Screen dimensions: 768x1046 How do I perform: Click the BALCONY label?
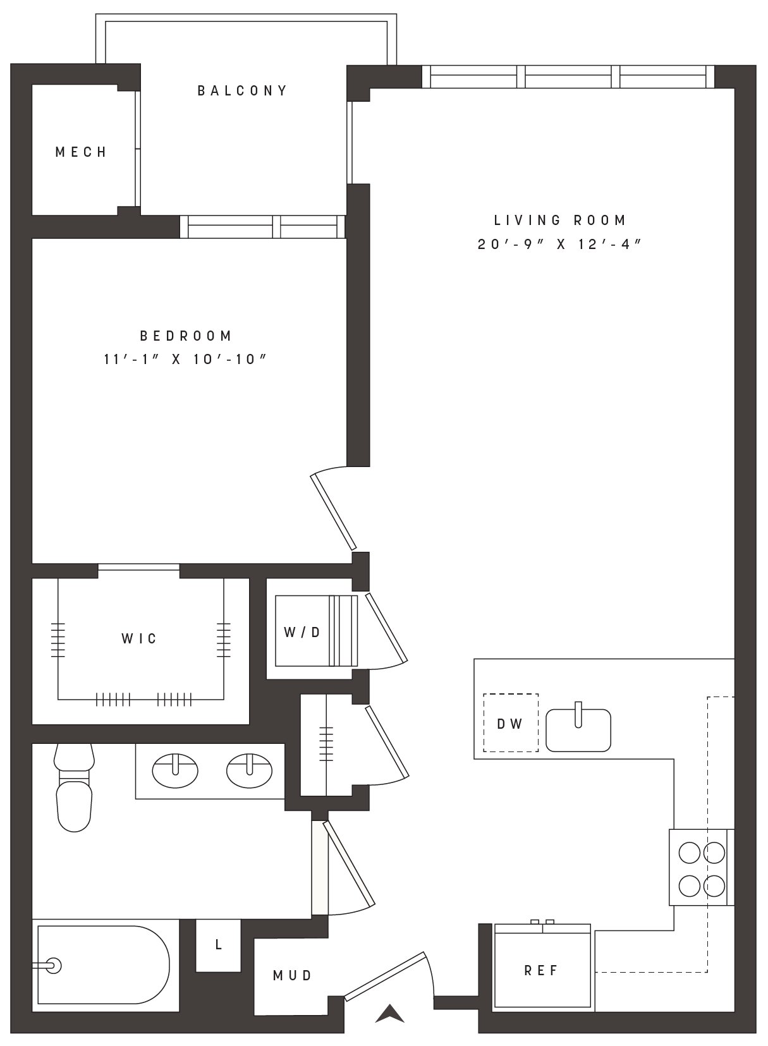(x=242, y=90)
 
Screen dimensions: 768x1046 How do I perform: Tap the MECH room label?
(x=82, y=152)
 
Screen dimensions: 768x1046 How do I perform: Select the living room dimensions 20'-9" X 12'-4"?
(x=559, y=244)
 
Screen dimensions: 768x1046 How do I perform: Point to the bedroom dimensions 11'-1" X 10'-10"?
(x=185, y=359)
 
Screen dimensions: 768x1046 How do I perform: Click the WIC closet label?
(x=138, y=638)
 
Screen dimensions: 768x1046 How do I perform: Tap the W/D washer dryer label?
(x=302, y=632)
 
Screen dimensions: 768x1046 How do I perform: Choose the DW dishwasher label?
(x=509, y=724)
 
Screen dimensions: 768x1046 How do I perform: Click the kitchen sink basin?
(x=578, y=730)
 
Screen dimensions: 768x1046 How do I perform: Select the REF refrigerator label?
(x=541, y=971)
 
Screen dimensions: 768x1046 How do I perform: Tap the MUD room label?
(x=293, y=975)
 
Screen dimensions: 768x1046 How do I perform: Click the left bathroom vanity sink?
(x=175, y=770)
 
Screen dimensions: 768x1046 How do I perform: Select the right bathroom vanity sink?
(x=249, y=770)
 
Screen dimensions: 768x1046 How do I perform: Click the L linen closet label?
(x=218, y=945)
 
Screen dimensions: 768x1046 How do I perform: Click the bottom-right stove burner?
(x=714, y=885)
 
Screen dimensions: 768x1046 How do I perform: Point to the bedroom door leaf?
(x=333, y=511)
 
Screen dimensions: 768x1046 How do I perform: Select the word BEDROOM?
(x=186, y=336)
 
